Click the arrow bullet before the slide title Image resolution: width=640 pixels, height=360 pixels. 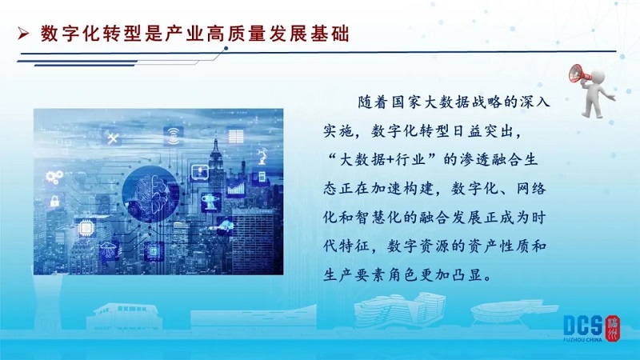(x=24, y=34)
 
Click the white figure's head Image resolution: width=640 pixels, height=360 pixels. (x=597, y=76)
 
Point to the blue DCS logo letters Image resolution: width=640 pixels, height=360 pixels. (x=583, y=326)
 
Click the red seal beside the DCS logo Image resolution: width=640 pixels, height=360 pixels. (x=613, y=328)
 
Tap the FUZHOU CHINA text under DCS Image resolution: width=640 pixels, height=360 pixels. (x=582, y=339)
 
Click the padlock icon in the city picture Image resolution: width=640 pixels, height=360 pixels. (x=54, y=201)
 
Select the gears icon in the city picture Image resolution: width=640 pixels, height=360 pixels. (x=54, y=177)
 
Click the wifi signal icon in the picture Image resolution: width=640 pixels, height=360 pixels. (x=174, y=135)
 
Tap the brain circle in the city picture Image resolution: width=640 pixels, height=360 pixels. (x=151, y=194)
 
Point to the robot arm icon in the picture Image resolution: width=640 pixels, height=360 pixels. (x=262, y=156)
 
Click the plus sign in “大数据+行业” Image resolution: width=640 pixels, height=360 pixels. (x=389, y=159)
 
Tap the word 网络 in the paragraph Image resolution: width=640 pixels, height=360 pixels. (x=530, y=189)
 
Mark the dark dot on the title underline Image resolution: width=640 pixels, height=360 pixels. (x=226, y=49)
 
